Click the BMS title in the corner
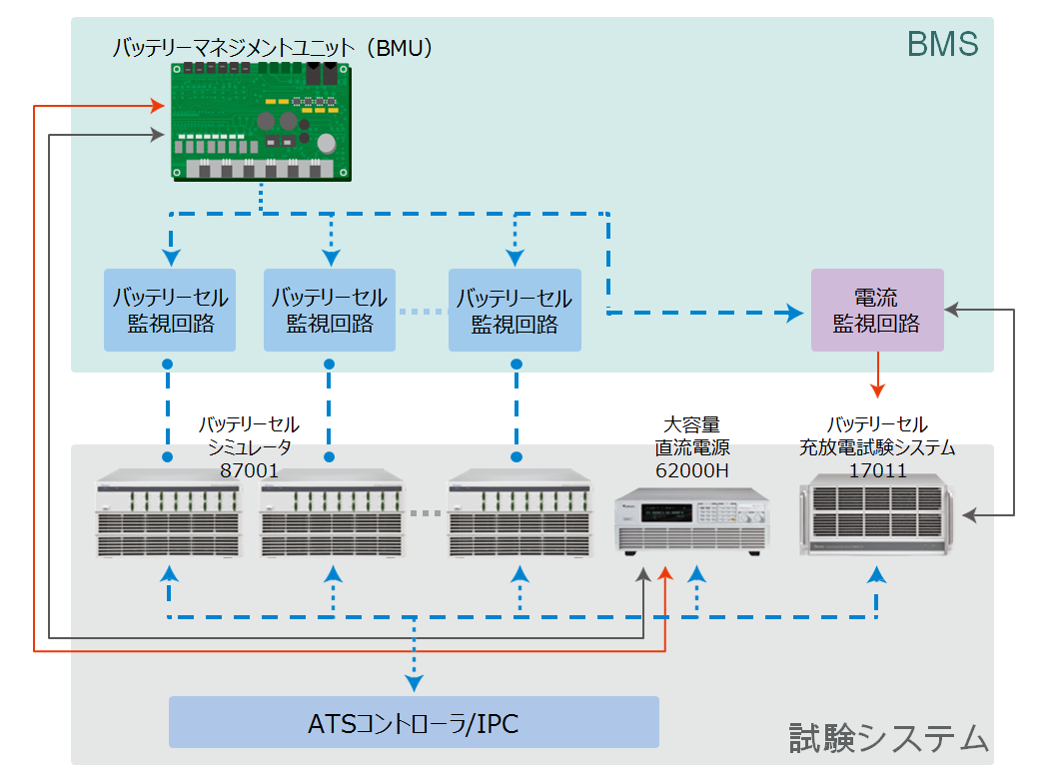942,45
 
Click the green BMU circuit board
261,122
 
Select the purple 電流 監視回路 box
877,311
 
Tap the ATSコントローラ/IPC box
414,722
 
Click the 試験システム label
888,737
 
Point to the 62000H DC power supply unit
691,521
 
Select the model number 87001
249,470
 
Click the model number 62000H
691,470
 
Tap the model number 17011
877,470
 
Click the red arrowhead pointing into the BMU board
158,106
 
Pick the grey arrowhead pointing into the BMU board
158,135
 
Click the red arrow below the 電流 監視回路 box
878,375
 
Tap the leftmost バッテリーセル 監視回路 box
170,311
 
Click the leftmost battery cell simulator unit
169,513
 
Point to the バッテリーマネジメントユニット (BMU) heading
273,48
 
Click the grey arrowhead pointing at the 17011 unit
969,514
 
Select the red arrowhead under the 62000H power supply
665,574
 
